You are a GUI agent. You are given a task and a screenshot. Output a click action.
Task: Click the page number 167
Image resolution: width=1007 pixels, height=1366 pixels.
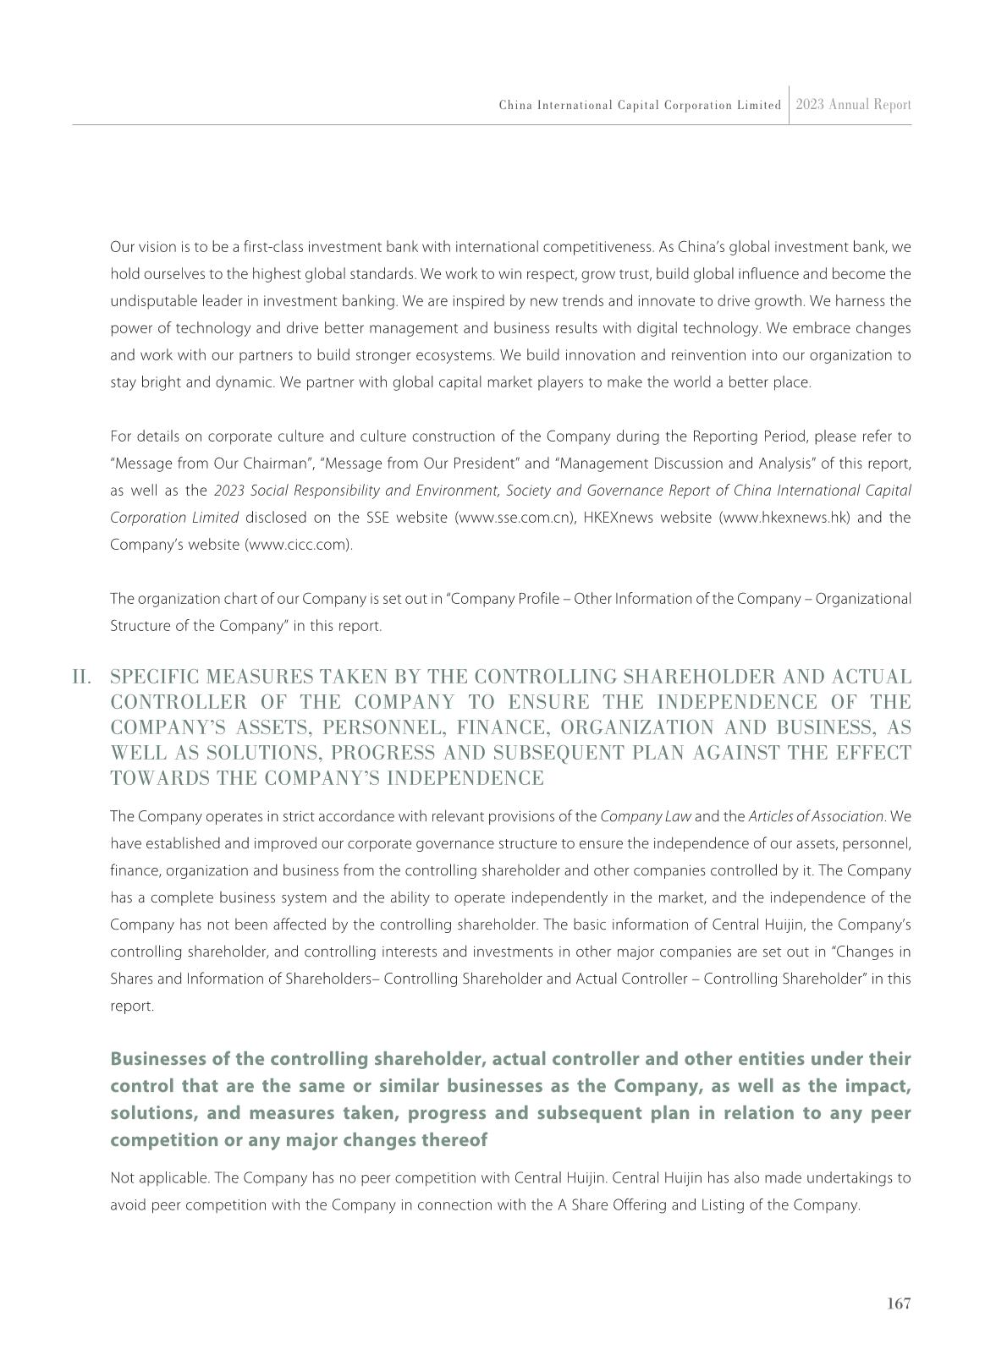click(899, 1303)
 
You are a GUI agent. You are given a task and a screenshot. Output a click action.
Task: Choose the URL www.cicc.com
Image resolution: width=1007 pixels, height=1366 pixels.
click(298, 545)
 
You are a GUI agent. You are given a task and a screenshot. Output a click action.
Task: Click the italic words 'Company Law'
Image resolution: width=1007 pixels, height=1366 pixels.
click(646, 816)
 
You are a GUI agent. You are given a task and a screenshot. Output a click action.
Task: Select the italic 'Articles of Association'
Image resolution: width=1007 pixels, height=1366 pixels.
click(816, 816)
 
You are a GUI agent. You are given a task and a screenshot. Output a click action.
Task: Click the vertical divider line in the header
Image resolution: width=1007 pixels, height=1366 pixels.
click(789, 105)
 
